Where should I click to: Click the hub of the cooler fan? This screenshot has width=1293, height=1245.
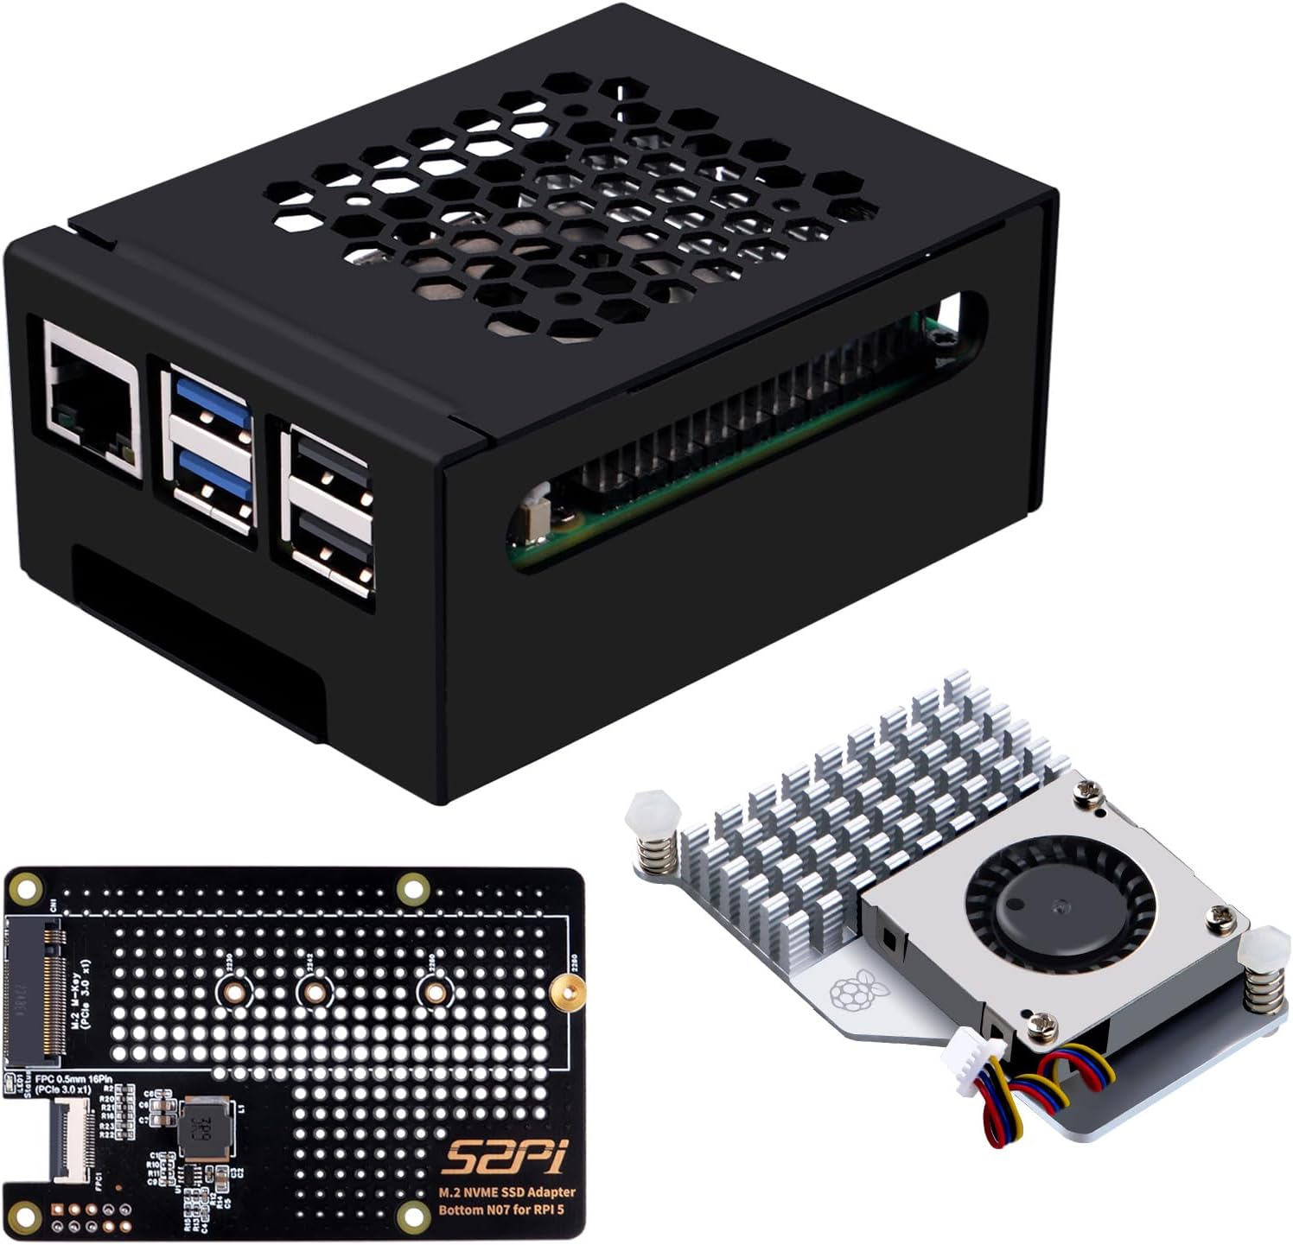pos(1059,907)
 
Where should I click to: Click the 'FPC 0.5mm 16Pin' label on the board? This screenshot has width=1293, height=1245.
pos(65,1079)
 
